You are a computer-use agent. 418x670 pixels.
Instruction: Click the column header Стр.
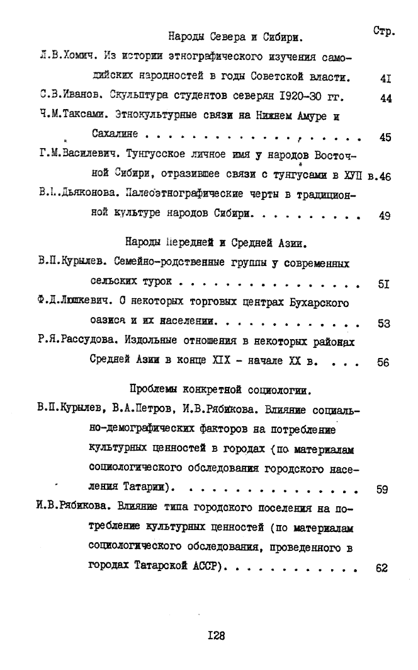pyautogui.click(x=383, y=30)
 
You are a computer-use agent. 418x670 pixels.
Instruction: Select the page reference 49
pyautogui.click(x=385, y=216)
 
